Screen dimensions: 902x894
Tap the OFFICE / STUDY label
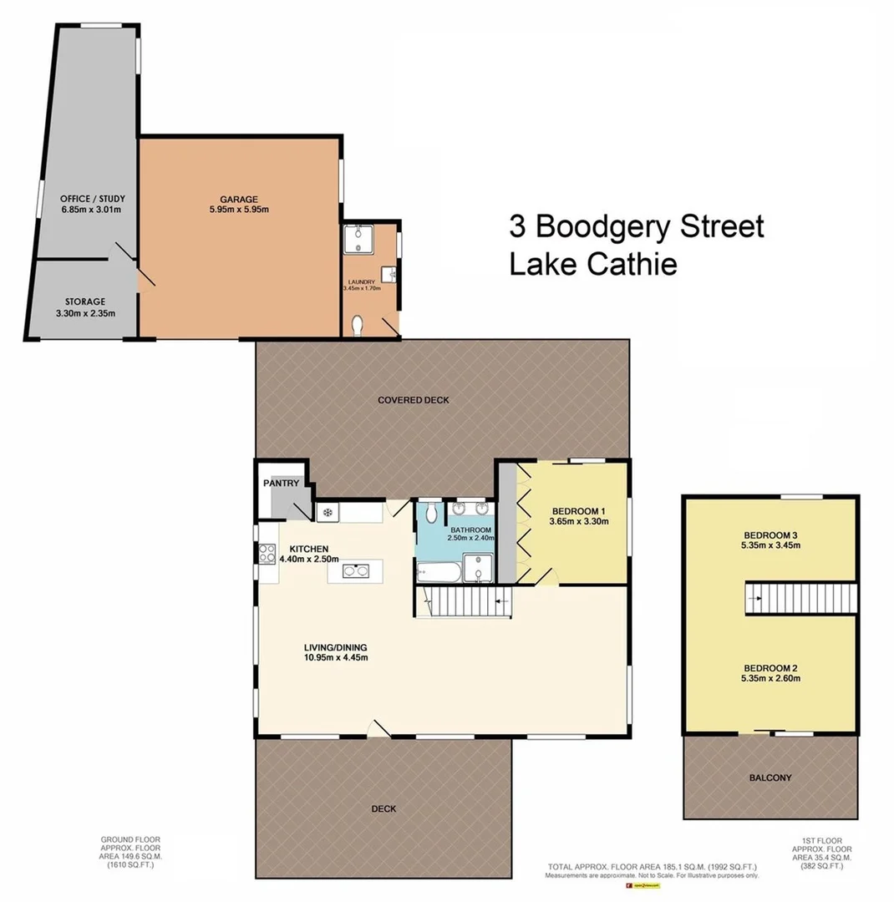pyautogui.click(x=93, y=198)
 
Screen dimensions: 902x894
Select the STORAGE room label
pyautogui.click(x=85, y=302)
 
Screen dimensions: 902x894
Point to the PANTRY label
pyautogui.click(x=281, y=483)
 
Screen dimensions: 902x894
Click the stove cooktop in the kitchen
pyautogui.click(x=268, y=552)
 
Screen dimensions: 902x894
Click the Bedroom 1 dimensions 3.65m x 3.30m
pyautogui.click(x=578, y=522)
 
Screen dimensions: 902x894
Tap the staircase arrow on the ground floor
pyautogui.click(x=502, y=600)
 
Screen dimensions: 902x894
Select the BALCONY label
pyautogui.click(x=770, y=778)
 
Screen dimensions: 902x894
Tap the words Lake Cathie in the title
pyautogui.click(x=592, y=264)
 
